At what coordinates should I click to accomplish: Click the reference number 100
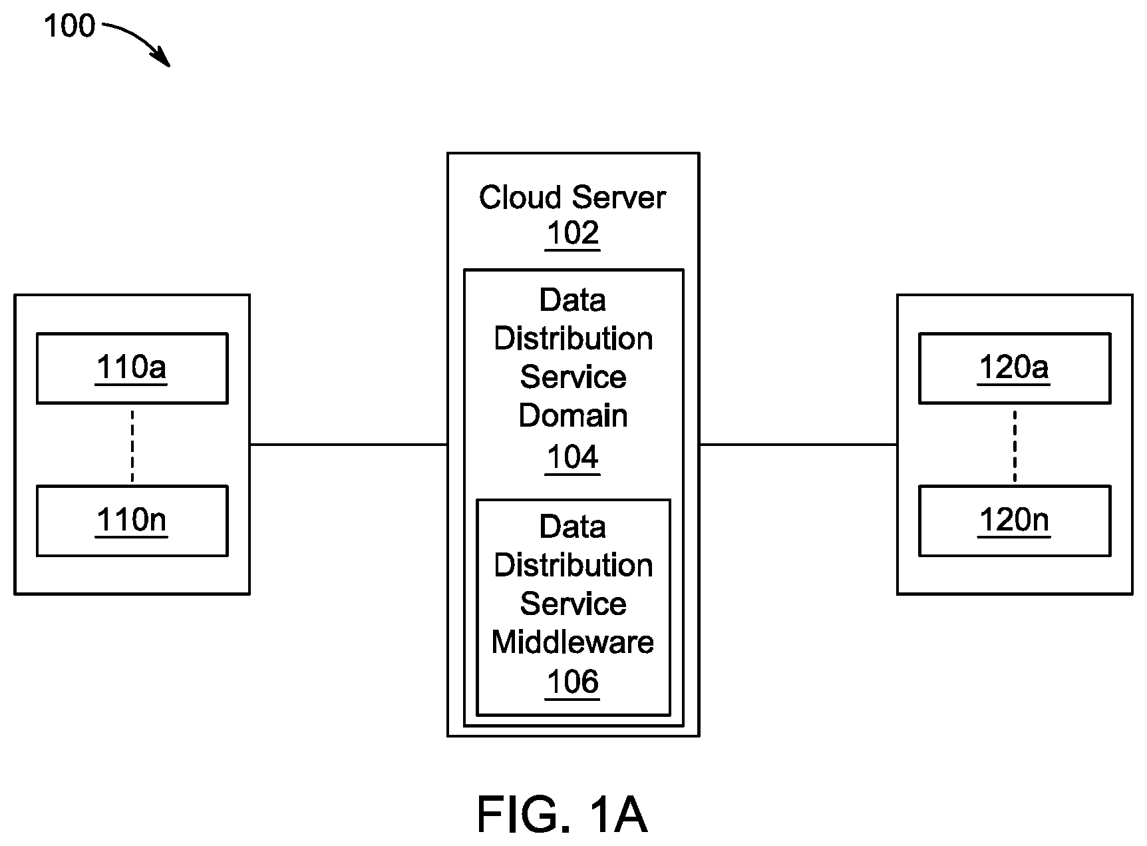(x=69, y=27)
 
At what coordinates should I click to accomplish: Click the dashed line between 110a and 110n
(x=132, y=445)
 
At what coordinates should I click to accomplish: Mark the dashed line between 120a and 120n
(x=1015, y=445)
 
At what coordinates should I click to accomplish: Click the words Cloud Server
(x=572, y=198)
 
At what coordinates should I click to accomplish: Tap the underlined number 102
(x=573, y=234)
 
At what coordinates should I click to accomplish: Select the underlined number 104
(x=573, y=458)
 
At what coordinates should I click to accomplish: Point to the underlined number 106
(x=573, y=682)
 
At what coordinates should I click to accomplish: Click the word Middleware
(x=573, y=642)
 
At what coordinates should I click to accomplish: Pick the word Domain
(x=573, y=416)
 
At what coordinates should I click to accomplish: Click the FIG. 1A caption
(x=562, y=815)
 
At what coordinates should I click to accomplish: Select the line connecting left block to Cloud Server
(x=349, y=444)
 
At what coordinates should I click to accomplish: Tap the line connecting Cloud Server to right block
(x=798, y=444)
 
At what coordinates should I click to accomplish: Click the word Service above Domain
(x=573, y=377)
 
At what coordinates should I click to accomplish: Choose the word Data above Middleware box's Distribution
(x=573, y=527)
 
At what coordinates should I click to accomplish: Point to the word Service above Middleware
(x=573, y=604)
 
